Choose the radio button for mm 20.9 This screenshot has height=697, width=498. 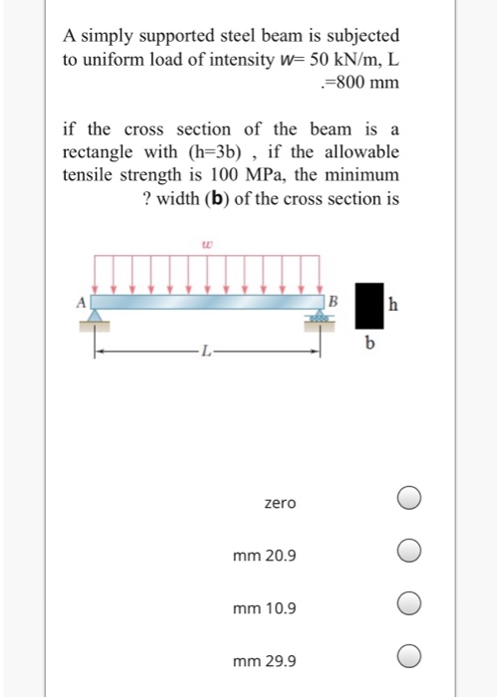click(x=409, y=550)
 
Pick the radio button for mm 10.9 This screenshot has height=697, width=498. click(x=409, y=602)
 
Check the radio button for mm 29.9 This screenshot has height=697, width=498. click(x=409, y=655)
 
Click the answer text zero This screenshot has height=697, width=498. click(x=280, y=504)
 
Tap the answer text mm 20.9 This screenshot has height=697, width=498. click(x=264, y=555)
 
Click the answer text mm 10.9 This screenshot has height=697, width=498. click(x=264, y=607)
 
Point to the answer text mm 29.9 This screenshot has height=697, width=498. click(x=264, y=660)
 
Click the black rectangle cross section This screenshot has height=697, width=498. click(x=370, y=306)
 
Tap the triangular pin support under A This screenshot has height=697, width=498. click(x=97, y=316)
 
